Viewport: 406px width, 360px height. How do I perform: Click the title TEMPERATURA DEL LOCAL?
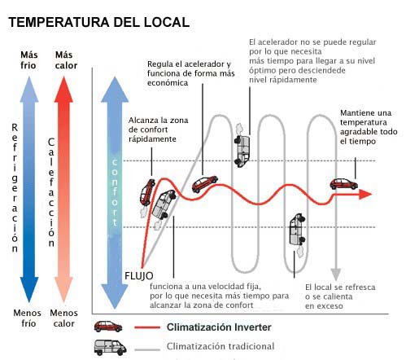click(98, 22)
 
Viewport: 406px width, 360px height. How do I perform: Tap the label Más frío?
click(28, 60)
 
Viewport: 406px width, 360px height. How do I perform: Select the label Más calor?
click(66, 60)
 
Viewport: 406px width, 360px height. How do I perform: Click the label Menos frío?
click(28, 318)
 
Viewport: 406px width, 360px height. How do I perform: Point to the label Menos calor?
click(64, 318)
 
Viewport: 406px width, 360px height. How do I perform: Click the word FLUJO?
click(139, 276)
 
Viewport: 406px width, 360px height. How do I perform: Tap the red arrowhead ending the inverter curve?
click(365, 194)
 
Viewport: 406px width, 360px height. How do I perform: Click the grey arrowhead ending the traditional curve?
click(336, 274)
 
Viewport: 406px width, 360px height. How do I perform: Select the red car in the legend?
click(108, 327)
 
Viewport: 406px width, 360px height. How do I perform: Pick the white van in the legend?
click(110, 347)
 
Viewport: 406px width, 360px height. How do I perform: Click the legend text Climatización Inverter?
click(219, 327)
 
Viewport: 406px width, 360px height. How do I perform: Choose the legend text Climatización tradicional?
click(220, 346)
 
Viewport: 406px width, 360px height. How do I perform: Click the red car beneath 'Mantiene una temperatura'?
click(344, 184)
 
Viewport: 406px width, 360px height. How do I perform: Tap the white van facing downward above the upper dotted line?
click(242, 151)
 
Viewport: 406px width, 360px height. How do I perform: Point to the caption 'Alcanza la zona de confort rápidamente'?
click(158, 130)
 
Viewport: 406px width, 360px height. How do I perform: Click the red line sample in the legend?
click(147, 327)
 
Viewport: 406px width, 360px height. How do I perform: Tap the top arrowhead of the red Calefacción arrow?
click(63, 90)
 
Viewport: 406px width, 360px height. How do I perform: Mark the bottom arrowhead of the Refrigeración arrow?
click(29, 289)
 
